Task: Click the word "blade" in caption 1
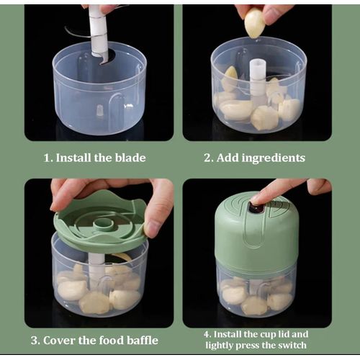coord(130,158)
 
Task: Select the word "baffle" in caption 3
coord(143,341)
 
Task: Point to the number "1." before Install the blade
coord(48,158)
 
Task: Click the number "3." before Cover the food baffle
coord(36,341)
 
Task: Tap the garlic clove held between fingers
coord(255,24)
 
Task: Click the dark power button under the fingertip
coord(256,208)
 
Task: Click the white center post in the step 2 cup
coord(258,81)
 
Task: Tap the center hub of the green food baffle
coord(104,224)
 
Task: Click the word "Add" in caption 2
coord(227,158)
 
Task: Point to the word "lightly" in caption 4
coord(220,346)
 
